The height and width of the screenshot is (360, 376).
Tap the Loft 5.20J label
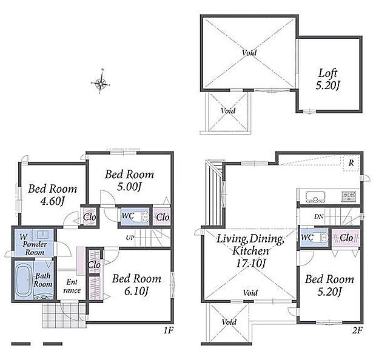[x=328, y=79]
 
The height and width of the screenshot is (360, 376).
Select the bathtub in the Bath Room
[x=24, y=279]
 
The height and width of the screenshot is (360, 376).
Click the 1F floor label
[x=168, y=331]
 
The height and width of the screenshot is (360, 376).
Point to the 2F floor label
[x=357, y=331]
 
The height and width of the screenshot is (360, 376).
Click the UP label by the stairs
[x=130, y=238]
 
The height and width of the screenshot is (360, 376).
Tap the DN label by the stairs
[x=318, y=216]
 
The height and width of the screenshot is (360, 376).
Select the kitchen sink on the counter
[x=315, y=197]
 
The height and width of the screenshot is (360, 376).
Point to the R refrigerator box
[x=351, y=163]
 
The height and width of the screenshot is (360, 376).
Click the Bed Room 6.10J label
[x=136, y=285]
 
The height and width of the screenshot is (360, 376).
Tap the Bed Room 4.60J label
[x=53, y=195]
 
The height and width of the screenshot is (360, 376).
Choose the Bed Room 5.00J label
[x=129, y=180]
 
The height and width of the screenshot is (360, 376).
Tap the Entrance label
[x=72, y=286]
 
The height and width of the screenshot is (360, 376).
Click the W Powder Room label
[x=34, y=245]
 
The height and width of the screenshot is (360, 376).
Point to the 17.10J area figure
[x=250, y=264]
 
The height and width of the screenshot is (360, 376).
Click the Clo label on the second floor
[x=346, y=238]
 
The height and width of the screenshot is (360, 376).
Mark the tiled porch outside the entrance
[x=64, y=316]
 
